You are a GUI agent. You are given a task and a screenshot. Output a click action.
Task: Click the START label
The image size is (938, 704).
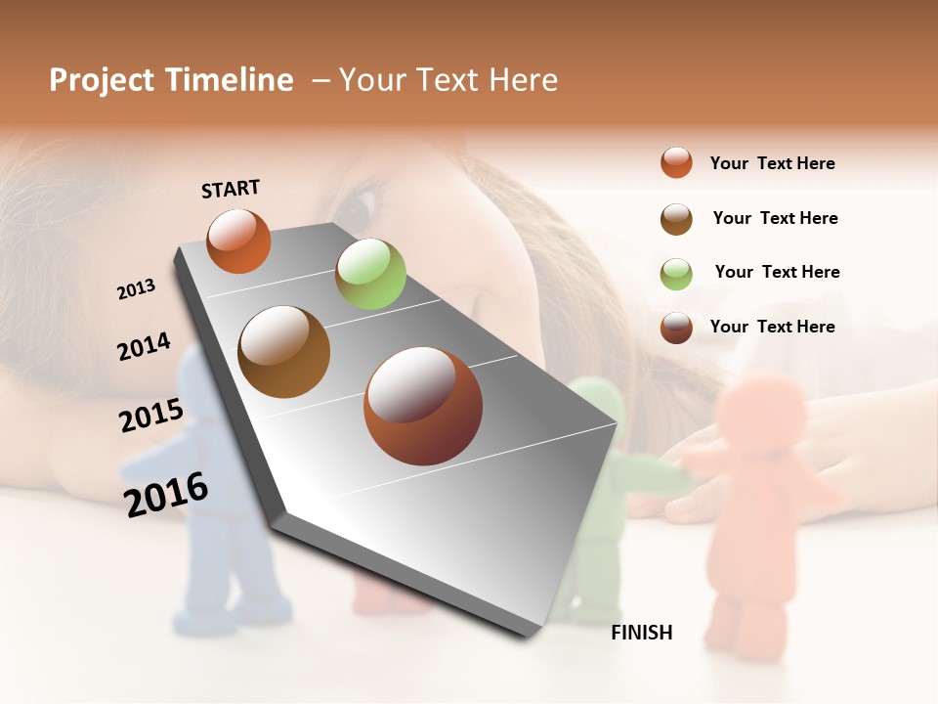pos(231,189)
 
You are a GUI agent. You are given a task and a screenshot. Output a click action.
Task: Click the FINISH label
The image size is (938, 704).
pos(641,633)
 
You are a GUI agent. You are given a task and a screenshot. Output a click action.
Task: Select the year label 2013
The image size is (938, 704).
pos(136,289)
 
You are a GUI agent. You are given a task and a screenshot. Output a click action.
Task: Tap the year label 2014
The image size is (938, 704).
pos(144,347)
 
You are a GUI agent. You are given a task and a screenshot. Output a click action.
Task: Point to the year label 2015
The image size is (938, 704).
pos(150,416)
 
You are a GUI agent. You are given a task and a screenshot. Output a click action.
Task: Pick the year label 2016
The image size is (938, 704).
pos(166,494)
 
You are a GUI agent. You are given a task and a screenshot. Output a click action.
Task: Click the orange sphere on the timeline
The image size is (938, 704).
pos(238,241)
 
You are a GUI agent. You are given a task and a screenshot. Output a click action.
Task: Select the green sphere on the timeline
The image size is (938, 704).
pos(370,274)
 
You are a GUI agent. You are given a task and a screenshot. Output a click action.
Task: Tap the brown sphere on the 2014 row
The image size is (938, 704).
pos(283,352)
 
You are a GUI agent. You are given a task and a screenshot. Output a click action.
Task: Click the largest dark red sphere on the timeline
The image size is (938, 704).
pos(422,406)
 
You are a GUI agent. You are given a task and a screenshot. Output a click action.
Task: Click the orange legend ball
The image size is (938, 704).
pos(676,162)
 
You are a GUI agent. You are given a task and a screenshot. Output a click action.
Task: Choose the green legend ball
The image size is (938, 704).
pos(676,274)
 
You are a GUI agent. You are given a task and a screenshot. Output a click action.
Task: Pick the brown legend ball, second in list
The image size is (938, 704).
pos(676,219)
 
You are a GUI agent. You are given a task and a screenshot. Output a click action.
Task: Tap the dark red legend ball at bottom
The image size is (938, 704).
pos(676,328)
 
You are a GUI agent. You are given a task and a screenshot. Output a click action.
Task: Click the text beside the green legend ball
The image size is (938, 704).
pos(777,272)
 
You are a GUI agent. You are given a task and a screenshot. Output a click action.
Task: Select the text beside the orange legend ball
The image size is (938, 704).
pos(772,163)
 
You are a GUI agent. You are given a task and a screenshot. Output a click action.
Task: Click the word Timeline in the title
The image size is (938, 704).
pos(230,80)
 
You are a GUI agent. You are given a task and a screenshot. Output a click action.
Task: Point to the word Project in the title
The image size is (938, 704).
pos(103,80)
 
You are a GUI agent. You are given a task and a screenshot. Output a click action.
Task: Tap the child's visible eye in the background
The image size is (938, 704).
pos(356,206)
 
